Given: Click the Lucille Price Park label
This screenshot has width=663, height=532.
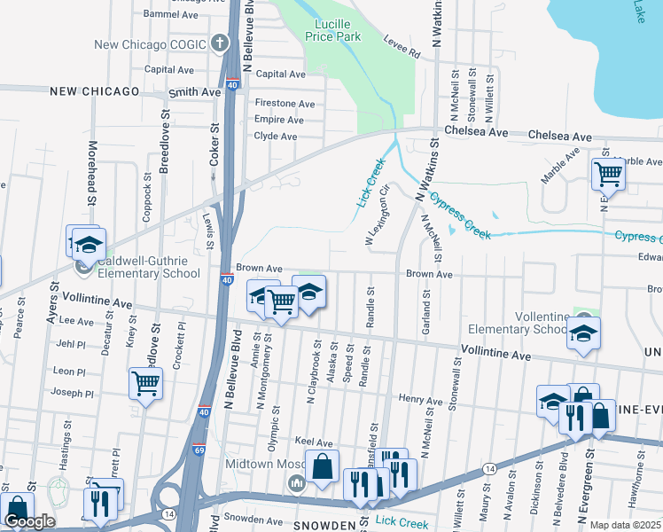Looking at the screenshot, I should click(332, 30).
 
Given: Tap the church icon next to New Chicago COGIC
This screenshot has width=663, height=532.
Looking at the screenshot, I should click(221, 43).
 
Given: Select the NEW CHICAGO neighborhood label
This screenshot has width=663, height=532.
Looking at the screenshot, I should click(94, 91).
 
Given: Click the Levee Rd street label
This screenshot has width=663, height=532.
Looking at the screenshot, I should click(402, 47).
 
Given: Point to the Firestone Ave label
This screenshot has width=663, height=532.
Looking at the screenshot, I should click(285, 104).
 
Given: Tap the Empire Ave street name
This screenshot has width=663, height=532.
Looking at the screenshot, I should click(279, 120).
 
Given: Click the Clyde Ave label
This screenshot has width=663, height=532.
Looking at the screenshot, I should click(276, 137).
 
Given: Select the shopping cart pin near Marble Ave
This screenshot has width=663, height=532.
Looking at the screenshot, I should click(608, 174).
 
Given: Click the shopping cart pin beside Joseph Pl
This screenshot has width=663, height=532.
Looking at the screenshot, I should click(145, 384).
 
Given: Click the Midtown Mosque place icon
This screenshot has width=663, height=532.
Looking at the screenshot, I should click(296, 483).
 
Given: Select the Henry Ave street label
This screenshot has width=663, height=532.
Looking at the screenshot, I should click(420, 401).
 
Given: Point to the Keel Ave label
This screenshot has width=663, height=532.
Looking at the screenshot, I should click(313, 442).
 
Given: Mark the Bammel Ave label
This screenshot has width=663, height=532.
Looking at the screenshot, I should click(171, 15).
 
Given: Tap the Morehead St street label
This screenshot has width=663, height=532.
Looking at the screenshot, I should click(91, 173).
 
